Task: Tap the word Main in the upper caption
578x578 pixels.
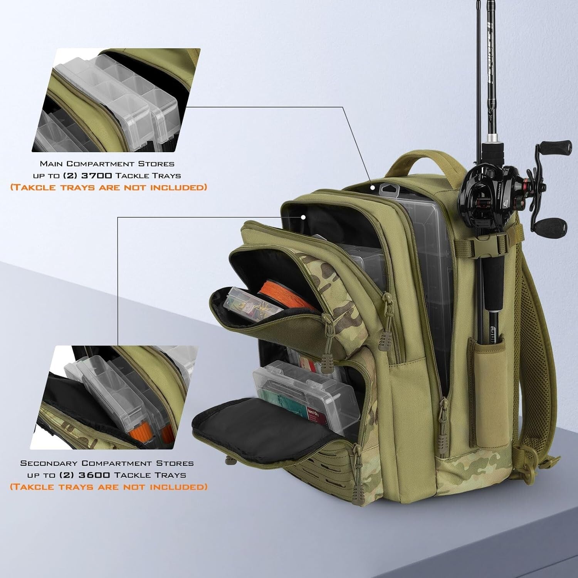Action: pos(51,164)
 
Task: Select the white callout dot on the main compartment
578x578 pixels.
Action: pos(373,188)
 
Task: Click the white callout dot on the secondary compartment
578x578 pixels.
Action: pos(303,217)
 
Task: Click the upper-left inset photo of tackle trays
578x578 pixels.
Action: pos(116,100)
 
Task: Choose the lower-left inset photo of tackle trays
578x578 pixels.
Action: pos(116,397)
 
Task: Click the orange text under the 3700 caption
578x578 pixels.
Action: pos(108,188)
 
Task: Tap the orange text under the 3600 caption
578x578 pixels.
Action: pos(108,487)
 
